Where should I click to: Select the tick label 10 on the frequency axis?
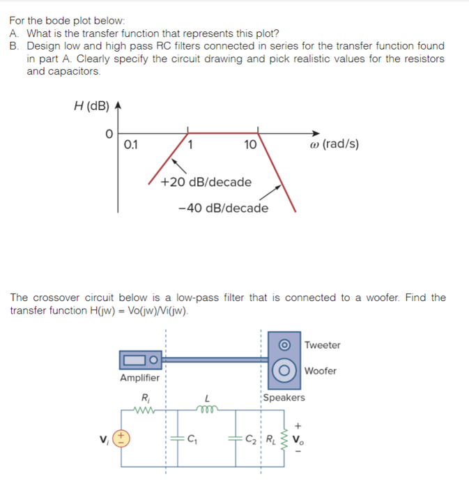pyautogui.click(x=250, y=146)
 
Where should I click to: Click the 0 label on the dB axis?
pyautogui.click(x=109, y=132)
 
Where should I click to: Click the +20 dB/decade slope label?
pyautogui.click(x=206, y=182)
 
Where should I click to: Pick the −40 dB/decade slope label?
pyautogui.click(x=223, y=208)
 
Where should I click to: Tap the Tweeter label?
pyautogui.click(x=323, y=345)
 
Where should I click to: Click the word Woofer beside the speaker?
pyautogui.click(x=321, y=371)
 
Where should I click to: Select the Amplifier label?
pyautogui.click(x=139, y=378)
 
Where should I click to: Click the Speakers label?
pyautogui.click(x=284, y=397)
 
